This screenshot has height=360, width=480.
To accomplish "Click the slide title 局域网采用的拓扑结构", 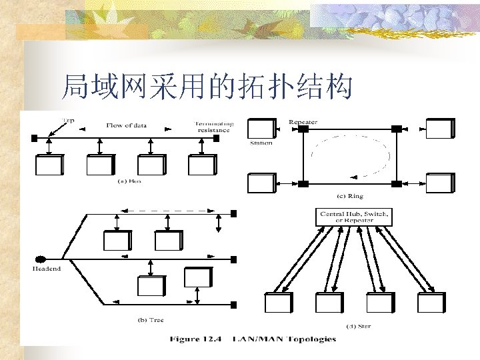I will click(x=206, y=86).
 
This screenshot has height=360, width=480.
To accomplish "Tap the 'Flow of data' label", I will click(x=127, y=125).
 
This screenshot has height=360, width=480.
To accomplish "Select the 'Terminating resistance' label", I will click(x=213, y=127).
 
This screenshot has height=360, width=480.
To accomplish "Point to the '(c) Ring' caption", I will click(x=350, y=196).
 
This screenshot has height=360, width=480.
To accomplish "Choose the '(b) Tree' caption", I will click(x=151, y=320).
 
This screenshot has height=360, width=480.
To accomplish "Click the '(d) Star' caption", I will click(x=360, y=326).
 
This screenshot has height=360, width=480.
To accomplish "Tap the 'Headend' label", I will click(x=47, y=269).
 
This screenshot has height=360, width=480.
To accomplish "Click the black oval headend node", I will click(x=40, y=259).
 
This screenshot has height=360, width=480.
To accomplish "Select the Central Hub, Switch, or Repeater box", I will click(x=355, y=217).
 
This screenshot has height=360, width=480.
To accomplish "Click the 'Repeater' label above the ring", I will click(x=303, y=122).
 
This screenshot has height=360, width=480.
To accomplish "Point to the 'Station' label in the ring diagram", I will click(x=261, y=143).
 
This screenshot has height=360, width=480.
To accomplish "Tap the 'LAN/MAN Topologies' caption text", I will click(x=283, y=339).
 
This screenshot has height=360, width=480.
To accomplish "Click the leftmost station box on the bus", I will click(x=49, y=165).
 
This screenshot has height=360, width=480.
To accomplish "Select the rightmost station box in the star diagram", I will click(x=431, y=302).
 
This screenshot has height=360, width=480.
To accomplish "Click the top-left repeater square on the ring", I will click(x=303, y=129).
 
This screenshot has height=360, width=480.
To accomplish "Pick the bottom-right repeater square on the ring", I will click(x=397, y=183).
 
